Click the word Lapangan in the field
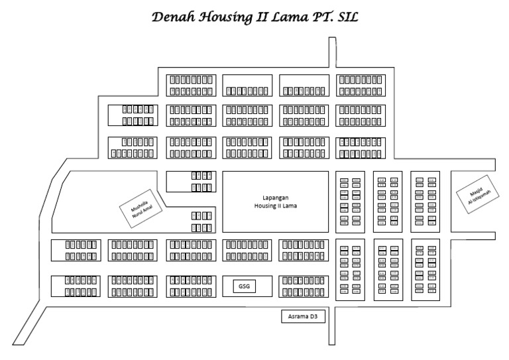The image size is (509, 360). [275, 198]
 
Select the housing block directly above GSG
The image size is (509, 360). [247, 250]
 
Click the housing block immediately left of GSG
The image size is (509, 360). [190, 286]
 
